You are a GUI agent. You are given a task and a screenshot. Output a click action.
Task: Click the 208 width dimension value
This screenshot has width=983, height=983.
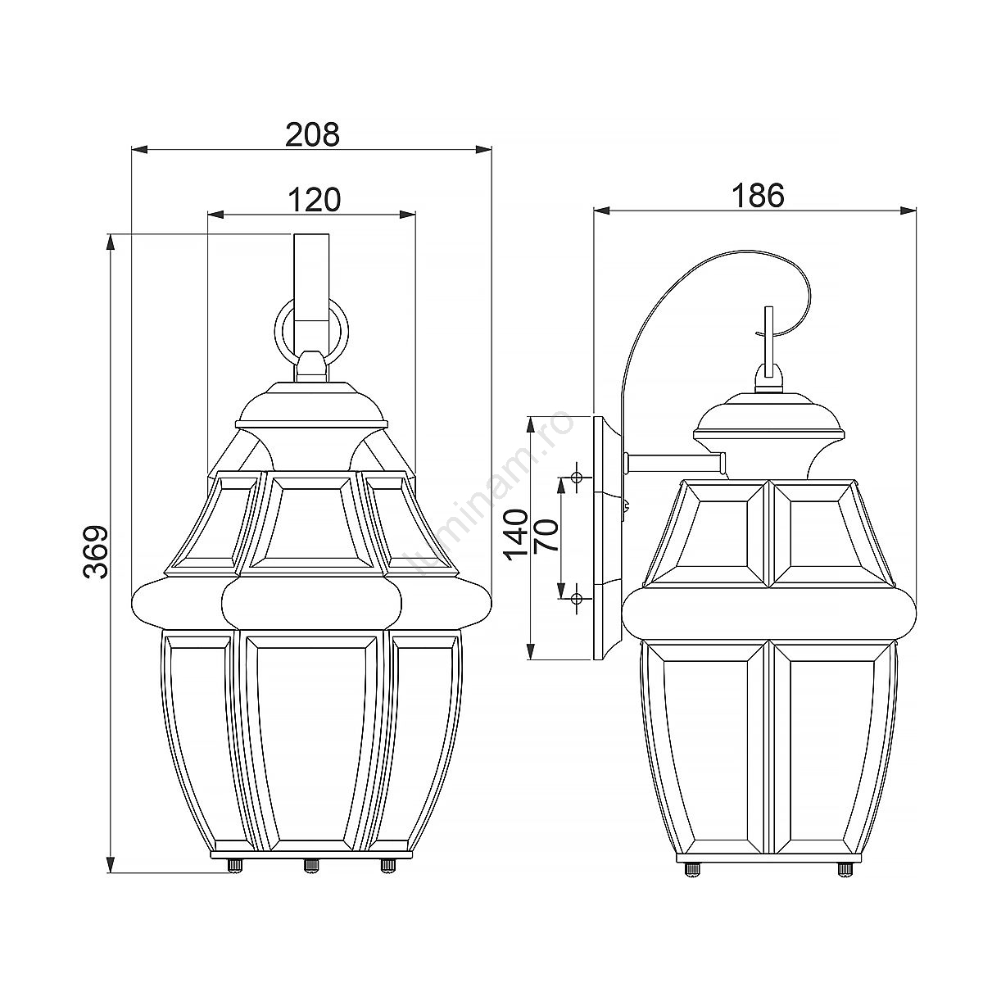click(x=312, y=135)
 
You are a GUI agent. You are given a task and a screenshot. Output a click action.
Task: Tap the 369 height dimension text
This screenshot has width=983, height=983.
click(x=96, y=551)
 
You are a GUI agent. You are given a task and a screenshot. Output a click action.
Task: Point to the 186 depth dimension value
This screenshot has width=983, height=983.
click(x=758, y=196)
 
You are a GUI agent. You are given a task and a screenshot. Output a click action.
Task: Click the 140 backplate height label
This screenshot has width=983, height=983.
click(x=516, y=535)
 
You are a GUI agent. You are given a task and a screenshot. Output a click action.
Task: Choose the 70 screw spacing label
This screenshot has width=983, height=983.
click(x=546, y=535)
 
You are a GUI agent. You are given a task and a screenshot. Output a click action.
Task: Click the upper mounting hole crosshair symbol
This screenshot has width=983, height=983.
click(x=577, y=478)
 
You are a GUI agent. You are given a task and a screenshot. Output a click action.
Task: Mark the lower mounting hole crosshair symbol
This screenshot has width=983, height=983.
click(x=577, y=598)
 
